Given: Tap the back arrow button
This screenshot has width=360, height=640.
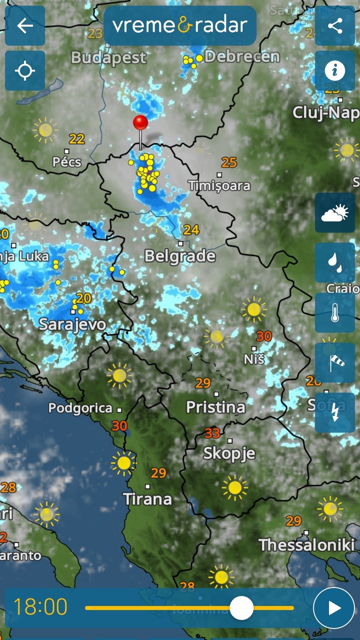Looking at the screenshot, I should pyautogui.click(x=25, y=26).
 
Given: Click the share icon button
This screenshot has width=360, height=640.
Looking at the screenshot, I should pyautogui.click(x=335, y=26).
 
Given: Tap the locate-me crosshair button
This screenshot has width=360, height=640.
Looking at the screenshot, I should pyautogui.click(x=25, y=71).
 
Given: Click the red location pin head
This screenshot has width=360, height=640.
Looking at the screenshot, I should pyautogui.click(x=141, y=123).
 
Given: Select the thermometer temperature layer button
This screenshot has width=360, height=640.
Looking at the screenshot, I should pyautogui.click(x=335, y=313).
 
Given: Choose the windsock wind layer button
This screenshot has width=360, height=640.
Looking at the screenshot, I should pyautogui.click(x=335, y=363).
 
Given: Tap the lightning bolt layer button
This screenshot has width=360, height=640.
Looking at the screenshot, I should pyautogui.click(x=335, y=413).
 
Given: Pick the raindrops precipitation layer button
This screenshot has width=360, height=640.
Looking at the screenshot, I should pyautogui.click(x=335, y=263).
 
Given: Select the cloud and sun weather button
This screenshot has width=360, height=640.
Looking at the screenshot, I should pyautogui.click(x=335, y=213).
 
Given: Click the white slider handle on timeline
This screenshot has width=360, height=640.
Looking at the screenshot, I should pyautogui.click(x=241, y=608).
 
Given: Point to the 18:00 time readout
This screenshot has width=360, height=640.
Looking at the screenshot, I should pyautogui.click(x=41, y=607).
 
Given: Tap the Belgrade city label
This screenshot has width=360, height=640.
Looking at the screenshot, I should pyautogui.click(x=180, y=256).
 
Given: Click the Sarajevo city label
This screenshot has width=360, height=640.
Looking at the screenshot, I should pyautogui.click(x=72, y=324).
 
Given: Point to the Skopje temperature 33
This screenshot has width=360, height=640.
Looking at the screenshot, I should pyautogui.click(x=212, y=433).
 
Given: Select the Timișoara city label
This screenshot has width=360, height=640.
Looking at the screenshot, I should pyautogui.click(x=219, y=186).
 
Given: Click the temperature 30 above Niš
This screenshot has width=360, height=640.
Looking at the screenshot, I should pyautogui.click(x=263, y=336).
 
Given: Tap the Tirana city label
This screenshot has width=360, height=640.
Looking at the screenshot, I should pyautogui.click(x=147, y=499).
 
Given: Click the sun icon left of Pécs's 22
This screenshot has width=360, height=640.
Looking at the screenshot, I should pyautogui.click(x=45, y=130).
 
